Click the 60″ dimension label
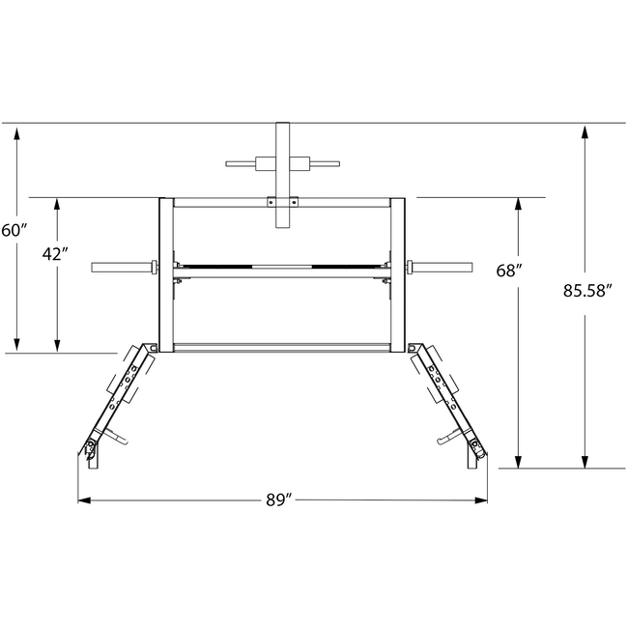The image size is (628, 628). pos(14,231)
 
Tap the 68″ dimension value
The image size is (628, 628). pos(509,271)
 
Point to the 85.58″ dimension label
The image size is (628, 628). pos(588,291)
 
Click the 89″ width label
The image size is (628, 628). pos(280,500)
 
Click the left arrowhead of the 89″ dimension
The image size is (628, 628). pos(84,500)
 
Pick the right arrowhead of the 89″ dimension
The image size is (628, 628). pos(481,500)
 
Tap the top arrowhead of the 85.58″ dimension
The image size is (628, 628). pos(585,132)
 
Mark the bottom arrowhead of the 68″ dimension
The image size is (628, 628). pos(518,462)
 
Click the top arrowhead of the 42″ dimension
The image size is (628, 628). pos(57,204)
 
